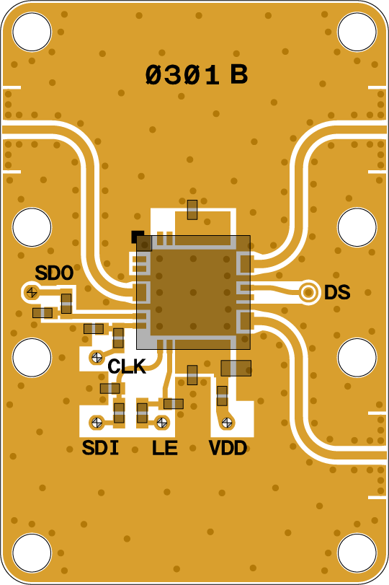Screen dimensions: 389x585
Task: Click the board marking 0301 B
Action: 197,74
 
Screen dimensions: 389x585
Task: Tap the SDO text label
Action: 54,273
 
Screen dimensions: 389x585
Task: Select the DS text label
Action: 337,293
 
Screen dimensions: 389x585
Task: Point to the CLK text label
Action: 127,366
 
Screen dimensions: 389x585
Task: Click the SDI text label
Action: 100,448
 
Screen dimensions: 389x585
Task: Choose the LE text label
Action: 164,448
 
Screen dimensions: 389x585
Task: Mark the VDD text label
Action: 228,448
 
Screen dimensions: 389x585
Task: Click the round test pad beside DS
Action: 308,292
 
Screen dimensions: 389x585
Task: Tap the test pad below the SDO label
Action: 32,291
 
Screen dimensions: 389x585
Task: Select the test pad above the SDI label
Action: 97,422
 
